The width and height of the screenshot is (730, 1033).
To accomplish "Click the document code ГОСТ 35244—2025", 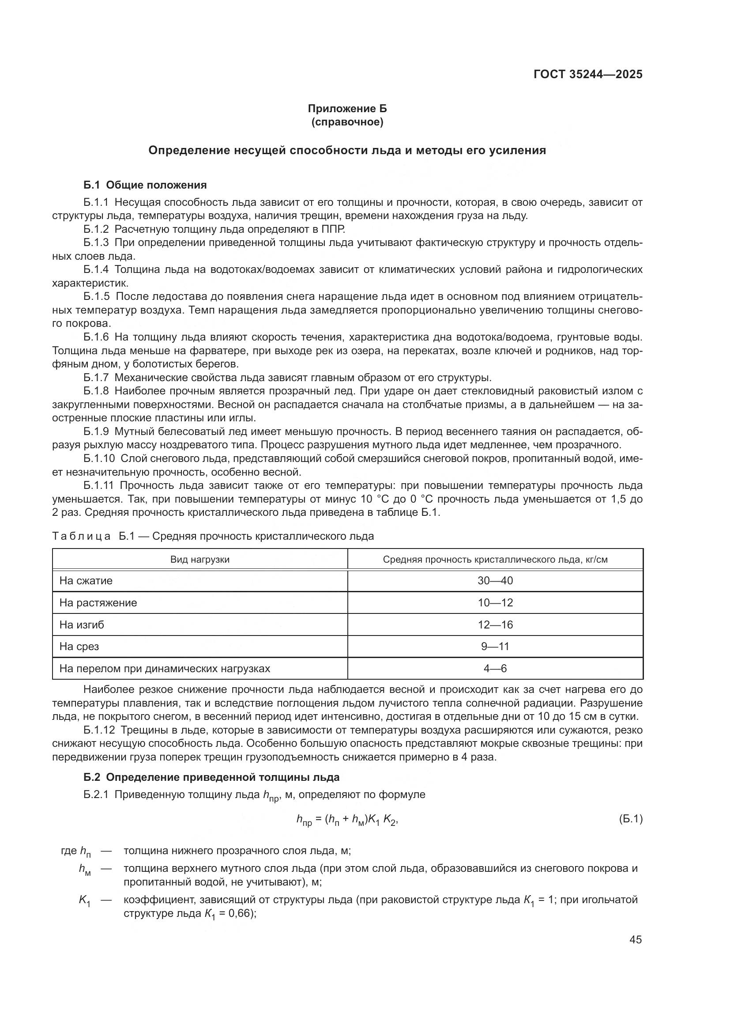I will (x=588, y=75).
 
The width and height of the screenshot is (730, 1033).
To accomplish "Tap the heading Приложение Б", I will (x=347, y=109).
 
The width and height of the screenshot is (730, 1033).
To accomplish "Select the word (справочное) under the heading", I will (x=347, y=122).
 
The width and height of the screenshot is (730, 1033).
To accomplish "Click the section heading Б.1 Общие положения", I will (x=145, y=185).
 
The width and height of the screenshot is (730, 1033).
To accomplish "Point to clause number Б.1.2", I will (x=96, y=230).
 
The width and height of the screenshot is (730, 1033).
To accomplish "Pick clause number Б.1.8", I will (x=96, y=391).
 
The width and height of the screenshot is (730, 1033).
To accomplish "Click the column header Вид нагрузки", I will (x=199, y=560).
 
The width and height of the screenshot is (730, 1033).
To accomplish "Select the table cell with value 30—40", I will (x=495, y=581).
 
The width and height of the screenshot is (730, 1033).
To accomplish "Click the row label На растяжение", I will (x=98, y=603).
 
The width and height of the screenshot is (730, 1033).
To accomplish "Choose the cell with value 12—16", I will (x=495, y=625).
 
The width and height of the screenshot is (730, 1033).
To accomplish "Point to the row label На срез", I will (x=79, y=647).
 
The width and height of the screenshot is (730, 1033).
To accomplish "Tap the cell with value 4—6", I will (x=495, y=669).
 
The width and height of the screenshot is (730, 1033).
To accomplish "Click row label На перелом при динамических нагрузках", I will (x=165, y=669).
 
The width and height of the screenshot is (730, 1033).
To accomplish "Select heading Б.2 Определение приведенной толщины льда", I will (x=211, y=777).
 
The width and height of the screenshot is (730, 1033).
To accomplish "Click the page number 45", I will (x=636, y=940).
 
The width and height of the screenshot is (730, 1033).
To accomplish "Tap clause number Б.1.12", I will (x=99, y=730).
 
